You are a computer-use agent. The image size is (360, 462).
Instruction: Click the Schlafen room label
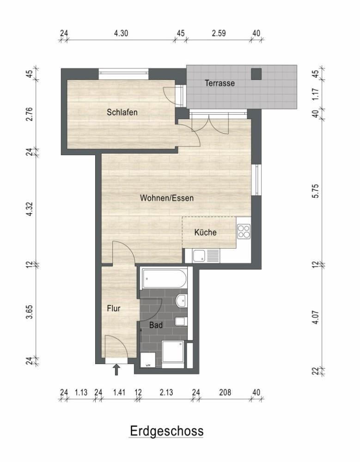click(122, 112)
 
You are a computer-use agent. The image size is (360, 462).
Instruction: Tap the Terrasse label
click(220, 83)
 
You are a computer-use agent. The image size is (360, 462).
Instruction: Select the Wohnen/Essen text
click(167, 198)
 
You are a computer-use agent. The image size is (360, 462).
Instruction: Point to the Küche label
click(206, 232)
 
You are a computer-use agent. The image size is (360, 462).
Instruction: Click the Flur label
click(114, 309)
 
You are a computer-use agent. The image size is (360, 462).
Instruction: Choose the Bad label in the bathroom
click(156, 325)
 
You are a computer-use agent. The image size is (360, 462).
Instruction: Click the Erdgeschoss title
click(166, 431)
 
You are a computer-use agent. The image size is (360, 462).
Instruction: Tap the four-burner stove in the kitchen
click(244, 231)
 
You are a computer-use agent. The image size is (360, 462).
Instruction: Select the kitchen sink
click(206, 256)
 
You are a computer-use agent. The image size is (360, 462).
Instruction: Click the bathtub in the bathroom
click(164, 279)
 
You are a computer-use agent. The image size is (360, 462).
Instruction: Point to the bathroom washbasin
click(181, 301)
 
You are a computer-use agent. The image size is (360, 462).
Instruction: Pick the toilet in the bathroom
click(180, 321)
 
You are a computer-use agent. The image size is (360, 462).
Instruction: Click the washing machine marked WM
click(148, 360)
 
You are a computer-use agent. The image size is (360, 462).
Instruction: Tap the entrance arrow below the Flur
click(116, 370)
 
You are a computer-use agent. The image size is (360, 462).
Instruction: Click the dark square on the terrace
click(256, 74)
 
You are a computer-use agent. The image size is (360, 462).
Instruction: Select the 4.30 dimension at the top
click(121, 33)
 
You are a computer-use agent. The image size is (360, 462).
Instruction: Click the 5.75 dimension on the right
click(316, 191)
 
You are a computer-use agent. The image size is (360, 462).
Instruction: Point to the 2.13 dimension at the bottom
click(166, 392)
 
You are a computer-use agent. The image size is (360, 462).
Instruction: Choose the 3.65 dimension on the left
click(30, 312)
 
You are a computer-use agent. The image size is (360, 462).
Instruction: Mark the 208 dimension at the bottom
click(225, 392)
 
